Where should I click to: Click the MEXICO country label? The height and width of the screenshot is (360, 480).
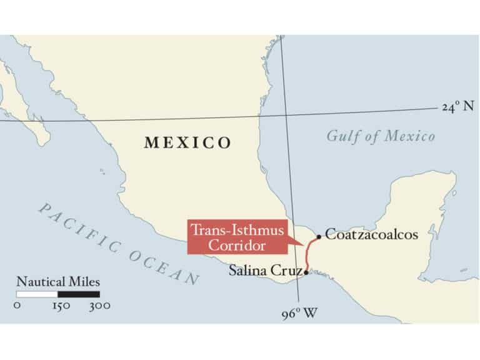(187, 142)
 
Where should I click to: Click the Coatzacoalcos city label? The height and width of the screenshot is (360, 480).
(371, 235)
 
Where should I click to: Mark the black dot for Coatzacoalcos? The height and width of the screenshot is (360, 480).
(319, 237)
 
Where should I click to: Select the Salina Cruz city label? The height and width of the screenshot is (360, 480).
(265, 271)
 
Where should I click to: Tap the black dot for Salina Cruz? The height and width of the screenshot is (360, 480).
(306, 272)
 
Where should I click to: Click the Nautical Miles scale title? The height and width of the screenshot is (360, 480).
(58, 282)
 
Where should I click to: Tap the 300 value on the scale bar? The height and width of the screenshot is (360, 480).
(99, 306)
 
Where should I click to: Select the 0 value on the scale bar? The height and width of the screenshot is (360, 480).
(17, 306)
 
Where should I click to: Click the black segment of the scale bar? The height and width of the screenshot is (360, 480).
(79, 294)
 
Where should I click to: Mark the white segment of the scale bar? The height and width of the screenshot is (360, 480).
(37, 294)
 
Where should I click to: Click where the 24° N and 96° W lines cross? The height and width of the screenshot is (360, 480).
(284, 116)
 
